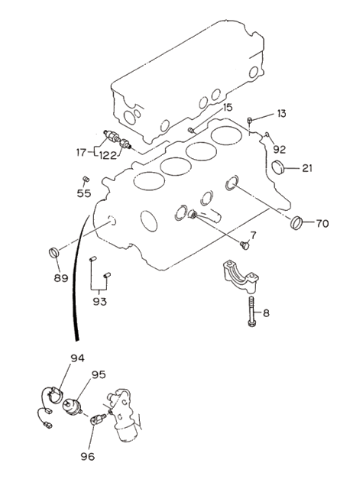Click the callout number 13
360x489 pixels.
(281, 114)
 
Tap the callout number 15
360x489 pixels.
(228, 108)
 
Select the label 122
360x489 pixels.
(108, 155)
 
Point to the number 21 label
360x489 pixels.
(307, 168)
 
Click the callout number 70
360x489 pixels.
(323, 223)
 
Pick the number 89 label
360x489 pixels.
(61, 278)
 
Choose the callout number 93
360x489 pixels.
(100, 302)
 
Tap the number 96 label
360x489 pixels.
(88, 457)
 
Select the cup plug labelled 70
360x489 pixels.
(297, 222)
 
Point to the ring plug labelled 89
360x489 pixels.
(54, 252)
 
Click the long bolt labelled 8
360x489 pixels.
(252, 311)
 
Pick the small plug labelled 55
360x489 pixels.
(86, 179)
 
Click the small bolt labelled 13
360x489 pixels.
(249, 120)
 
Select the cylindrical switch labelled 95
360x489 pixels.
(73, 407)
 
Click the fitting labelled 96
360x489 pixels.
(98, 419)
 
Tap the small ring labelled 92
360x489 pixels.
(267, 134)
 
